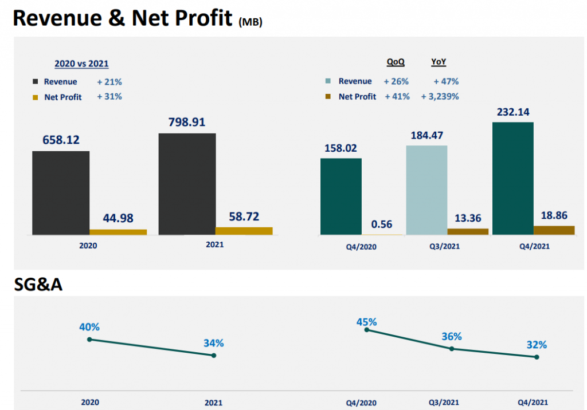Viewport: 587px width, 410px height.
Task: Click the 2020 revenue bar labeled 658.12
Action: [61, 193]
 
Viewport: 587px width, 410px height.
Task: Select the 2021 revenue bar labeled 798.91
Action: [187, 184]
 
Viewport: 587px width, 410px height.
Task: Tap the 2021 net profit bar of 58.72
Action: [244, 231]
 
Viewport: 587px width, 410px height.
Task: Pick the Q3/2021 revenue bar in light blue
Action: [426, 190]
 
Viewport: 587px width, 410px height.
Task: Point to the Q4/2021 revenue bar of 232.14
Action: [512, 178]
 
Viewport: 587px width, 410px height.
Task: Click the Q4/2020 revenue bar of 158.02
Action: [341, 196]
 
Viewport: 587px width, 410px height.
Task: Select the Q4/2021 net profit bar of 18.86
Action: [554, 230]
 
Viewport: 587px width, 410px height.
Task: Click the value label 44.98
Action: [118, 219]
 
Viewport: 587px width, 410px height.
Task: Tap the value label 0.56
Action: [382, 224]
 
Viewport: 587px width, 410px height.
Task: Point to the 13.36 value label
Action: [468, 218]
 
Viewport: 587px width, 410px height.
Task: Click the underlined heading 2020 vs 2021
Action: [81, 64]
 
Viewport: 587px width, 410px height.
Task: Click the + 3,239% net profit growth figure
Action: [440, 97]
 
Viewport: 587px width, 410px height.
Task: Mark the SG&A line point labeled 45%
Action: [367, 330]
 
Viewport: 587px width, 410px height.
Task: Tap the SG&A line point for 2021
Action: [214, 356]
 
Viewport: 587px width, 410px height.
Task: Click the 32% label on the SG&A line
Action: [537, 345]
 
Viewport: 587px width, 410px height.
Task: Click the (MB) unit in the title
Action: [250, 22]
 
